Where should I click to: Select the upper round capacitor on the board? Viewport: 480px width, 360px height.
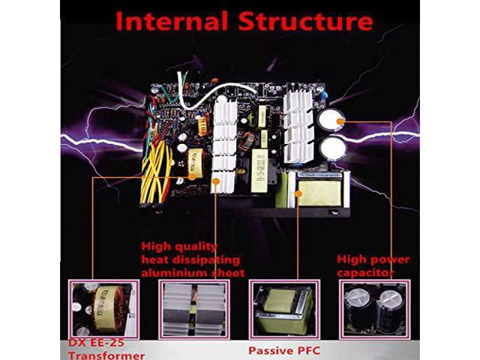coord(330,122)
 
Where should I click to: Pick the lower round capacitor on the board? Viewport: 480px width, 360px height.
coord(331,149)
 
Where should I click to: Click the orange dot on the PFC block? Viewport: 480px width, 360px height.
coord(298,193)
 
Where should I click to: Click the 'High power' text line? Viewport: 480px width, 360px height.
coord(372,259)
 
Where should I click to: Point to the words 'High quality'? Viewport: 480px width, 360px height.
coord(180,246)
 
